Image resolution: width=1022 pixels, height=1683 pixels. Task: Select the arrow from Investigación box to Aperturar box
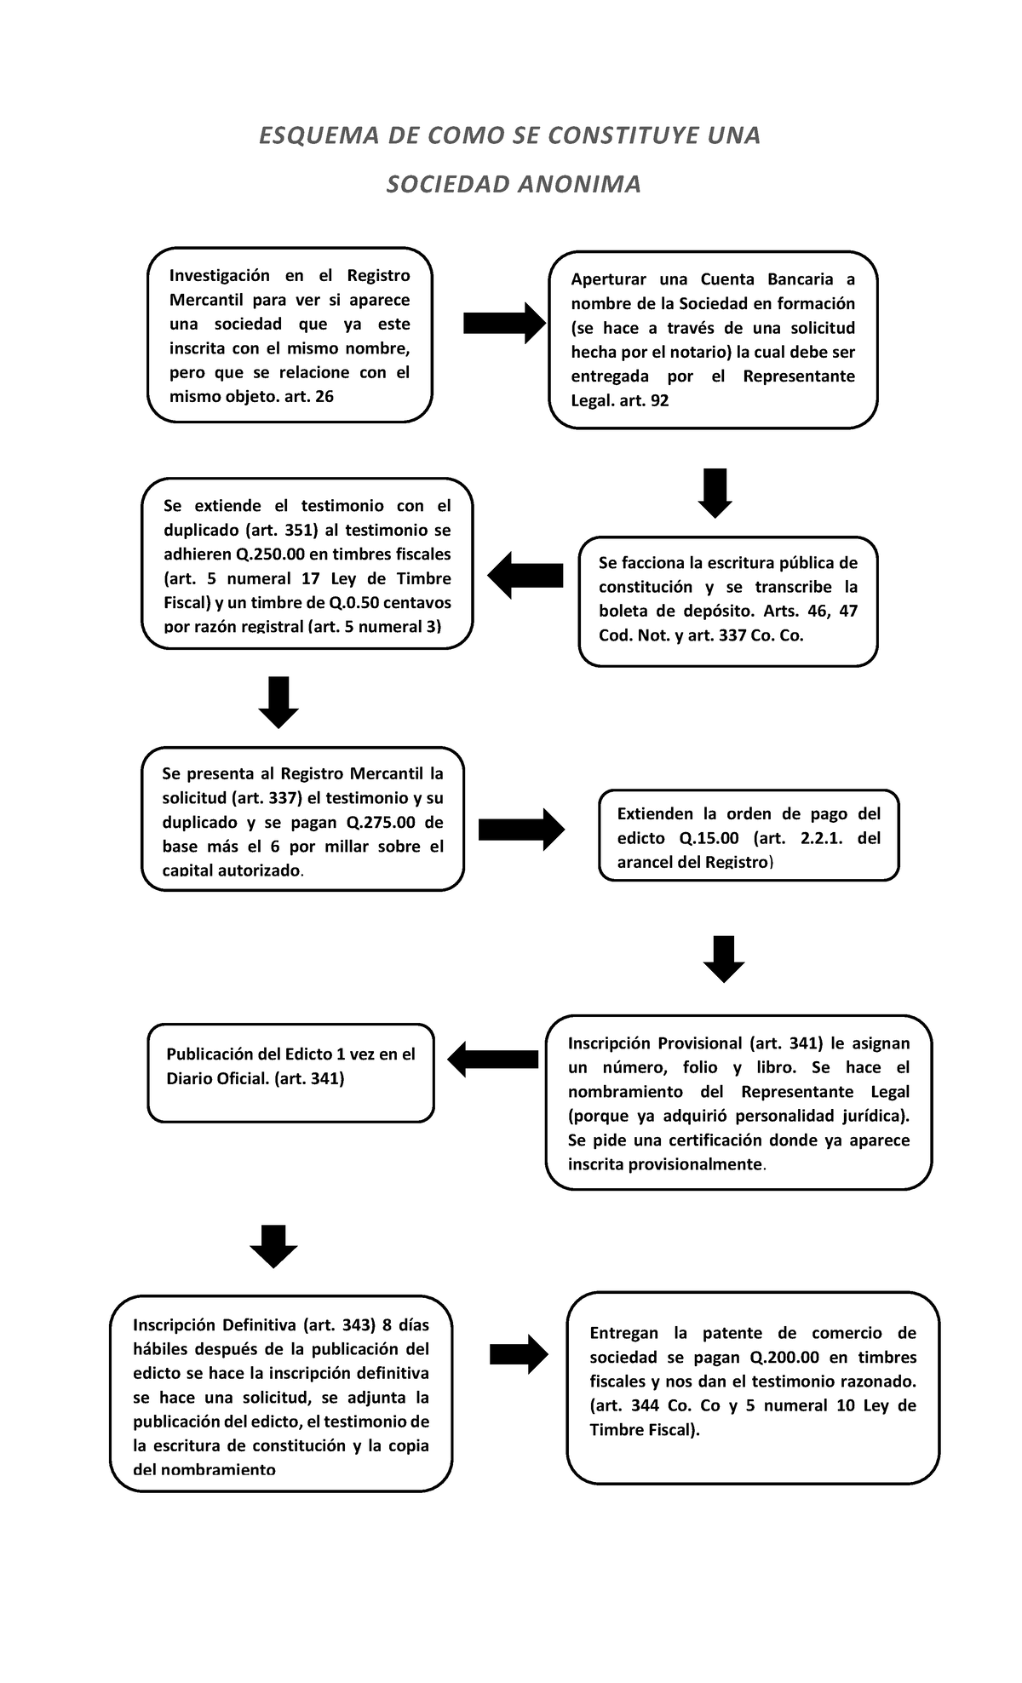[x=504, y=323]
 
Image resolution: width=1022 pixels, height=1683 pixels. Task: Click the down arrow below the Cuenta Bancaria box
[x=715, y=492]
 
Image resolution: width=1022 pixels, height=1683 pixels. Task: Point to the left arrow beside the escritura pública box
[x=525, y=575]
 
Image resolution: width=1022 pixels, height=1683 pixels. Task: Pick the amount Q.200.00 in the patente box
[x=784, y=1358]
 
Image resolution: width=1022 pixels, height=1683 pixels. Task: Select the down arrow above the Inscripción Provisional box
[x=724, y=958]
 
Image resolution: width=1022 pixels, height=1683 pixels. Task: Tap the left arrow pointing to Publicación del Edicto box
[x=492, y=1059]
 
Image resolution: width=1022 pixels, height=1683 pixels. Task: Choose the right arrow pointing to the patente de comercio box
[x=520, y=1353]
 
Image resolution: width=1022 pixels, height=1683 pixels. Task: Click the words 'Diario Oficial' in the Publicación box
[x=217, y=1079]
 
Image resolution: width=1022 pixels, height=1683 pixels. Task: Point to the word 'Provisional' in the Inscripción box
[x=698, y=1043]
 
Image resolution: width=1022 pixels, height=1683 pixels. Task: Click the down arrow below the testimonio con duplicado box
[x=278, y=702]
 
